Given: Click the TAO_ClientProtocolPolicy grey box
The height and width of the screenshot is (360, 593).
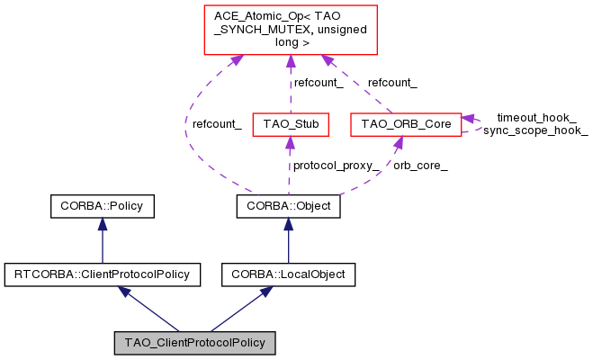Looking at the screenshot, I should (194, 343).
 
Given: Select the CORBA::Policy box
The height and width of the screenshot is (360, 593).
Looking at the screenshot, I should (102, 207).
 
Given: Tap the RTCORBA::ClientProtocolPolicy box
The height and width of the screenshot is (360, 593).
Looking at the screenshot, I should (102, 273).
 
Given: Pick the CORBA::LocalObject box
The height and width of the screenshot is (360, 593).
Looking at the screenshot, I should (288, 273).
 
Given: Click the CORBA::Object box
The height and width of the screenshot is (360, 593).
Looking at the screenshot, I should (288, 207).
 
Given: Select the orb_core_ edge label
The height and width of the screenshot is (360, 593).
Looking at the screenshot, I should (420, 166).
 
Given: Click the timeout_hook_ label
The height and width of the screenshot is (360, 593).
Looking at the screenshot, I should (536, 118).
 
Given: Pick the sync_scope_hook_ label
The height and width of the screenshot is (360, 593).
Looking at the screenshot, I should (535, 130).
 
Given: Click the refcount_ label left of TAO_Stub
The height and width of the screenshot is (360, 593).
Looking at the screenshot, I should (217, 124).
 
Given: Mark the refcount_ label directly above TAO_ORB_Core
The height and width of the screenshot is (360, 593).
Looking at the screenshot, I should (392, 83).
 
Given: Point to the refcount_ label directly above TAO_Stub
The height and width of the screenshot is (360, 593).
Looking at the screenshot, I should (319, 83).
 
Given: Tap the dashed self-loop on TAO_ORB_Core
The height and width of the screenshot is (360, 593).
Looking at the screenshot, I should (478, 123).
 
